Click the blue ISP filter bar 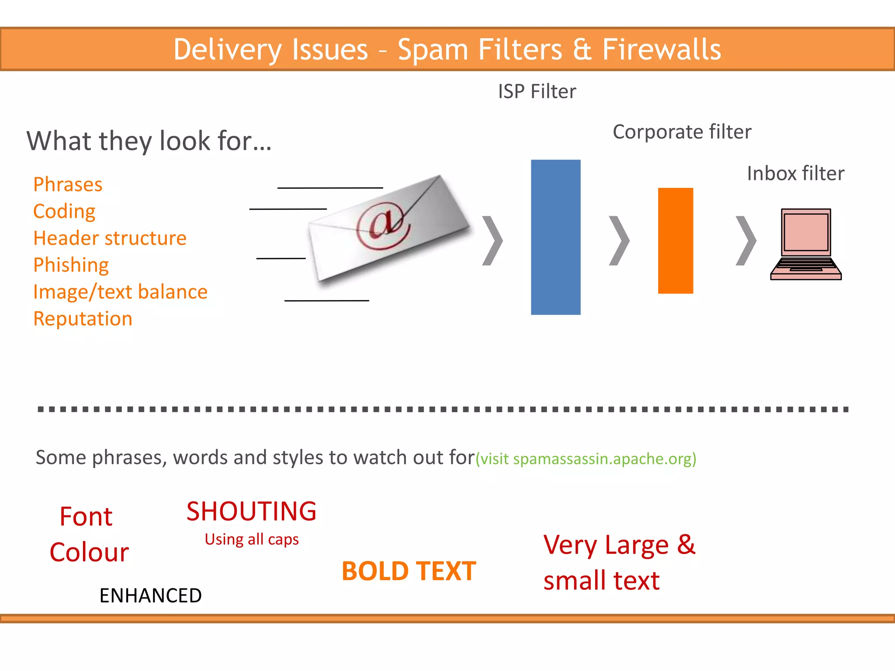coord(555,237)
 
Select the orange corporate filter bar coord(675,240)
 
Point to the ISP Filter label coord(537,92)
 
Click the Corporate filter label coord(682,132)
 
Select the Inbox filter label coord(795,173)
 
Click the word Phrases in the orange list coord(68,184)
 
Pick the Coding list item coord(64,211)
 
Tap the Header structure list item coord(110,238)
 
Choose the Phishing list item coord(71,265)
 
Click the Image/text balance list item coord(120,292)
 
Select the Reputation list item coord(83,319)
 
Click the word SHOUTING coord(251,511)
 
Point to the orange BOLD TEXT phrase coord(409,571)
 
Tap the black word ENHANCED coord(150,595)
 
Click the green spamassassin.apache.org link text coord(586,459)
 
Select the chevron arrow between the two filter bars coord(619,240)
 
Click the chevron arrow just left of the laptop coord(746,240)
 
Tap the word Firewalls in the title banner coord(661,49)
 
